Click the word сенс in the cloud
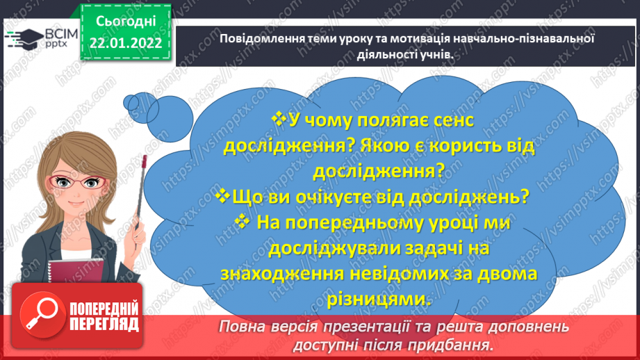448,120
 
